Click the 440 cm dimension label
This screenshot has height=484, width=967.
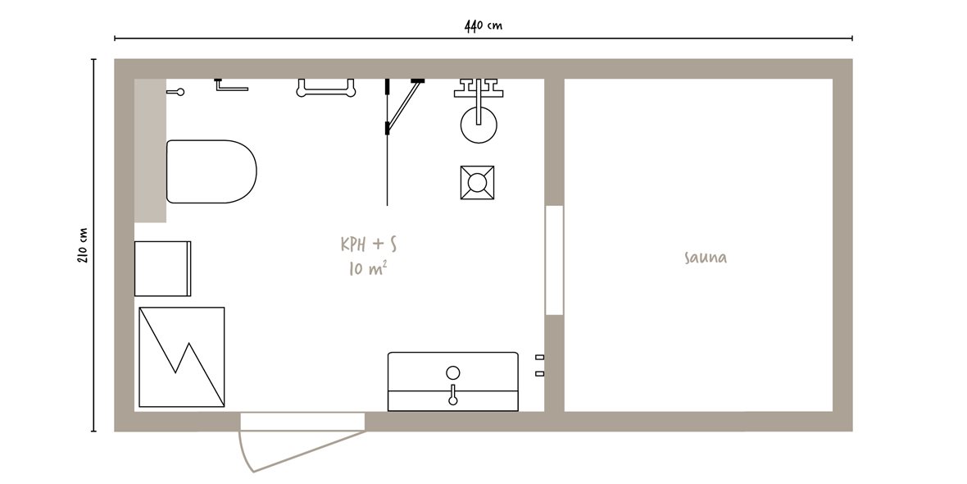click(x=483, y=25)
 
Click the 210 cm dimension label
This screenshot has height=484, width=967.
click(x=83, y=245)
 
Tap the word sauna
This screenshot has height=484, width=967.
click(x=706, y=258)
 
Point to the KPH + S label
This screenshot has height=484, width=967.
click(x=369, y=244)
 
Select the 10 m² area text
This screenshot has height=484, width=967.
click(x=368, y=268)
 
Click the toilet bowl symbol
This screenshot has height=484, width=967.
click(x=211, y=171)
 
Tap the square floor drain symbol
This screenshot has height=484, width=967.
click(x=477, y=182)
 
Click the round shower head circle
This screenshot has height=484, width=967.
click(x=479, y=125)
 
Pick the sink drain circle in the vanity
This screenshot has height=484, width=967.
click(x=452, y=372)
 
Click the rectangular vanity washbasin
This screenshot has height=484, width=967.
click(x=453, y=381)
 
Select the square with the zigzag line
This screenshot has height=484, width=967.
click(x=181, y=357)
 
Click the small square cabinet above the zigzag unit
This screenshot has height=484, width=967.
click(x=163, y=268)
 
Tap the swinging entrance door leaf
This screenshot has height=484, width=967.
click(x=302, y=450)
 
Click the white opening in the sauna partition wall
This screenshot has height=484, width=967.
click(x=555, y=260)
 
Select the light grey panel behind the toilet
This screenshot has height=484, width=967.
click(x=151, y=151)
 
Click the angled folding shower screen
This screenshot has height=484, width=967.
click(x=404, y=106)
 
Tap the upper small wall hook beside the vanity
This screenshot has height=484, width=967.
click(x=539, y=357)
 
